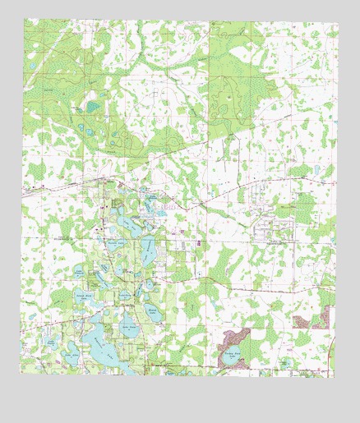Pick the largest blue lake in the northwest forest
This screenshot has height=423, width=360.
(x=92, y=105)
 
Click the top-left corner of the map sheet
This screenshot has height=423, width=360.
(x=23, y=21)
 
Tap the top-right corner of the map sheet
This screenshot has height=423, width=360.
(x=337, y=24)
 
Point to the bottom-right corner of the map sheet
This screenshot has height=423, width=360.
(x=335, y=377)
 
